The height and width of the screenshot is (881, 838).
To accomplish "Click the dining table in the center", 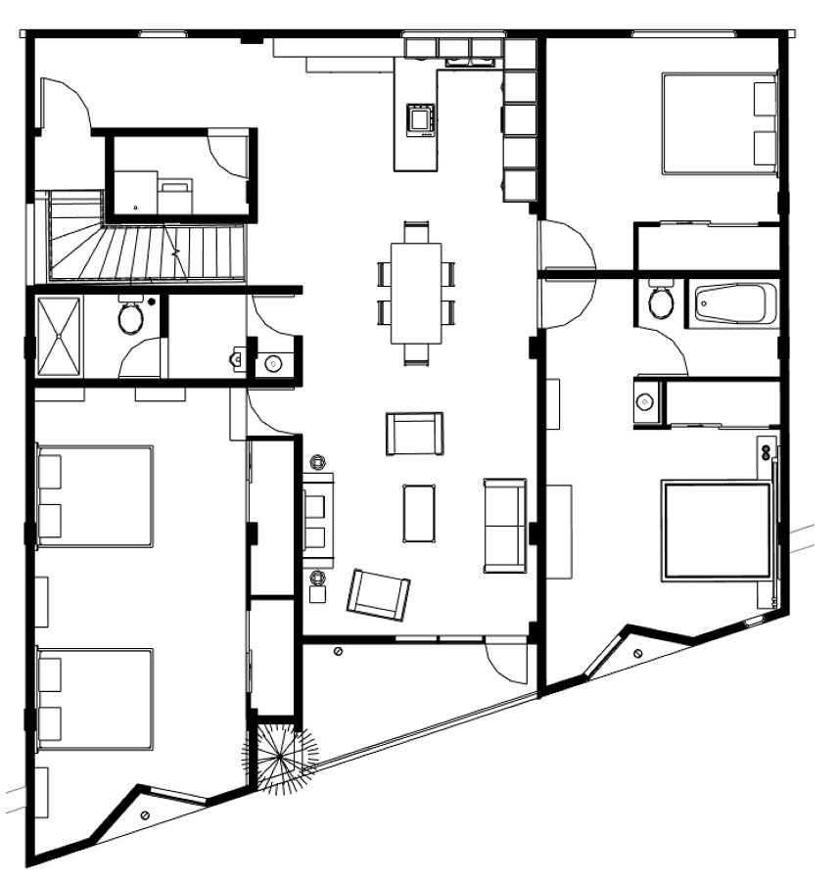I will [417, 293].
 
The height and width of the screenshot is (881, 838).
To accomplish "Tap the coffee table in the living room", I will [418, 512].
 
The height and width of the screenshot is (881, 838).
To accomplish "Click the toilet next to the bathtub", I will [662, 301].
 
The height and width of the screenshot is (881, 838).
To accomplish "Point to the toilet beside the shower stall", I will [130, 316].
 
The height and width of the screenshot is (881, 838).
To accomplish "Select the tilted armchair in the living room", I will [378, 594].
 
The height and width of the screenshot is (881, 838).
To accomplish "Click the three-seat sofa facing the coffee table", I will [505, 525].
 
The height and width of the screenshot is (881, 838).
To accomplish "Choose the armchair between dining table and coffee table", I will [415, 434].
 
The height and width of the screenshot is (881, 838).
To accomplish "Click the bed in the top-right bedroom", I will [720, 122].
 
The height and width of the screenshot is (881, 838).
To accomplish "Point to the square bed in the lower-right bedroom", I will [717, 530].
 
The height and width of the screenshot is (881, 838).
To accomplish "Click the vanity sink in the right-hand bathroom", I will [645, 401].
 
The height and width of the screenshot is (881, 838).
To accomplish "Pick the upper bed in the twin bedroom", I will [95, 496].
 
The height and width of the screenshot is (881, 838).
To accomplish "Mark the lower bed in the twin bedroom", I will [95, 698].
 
